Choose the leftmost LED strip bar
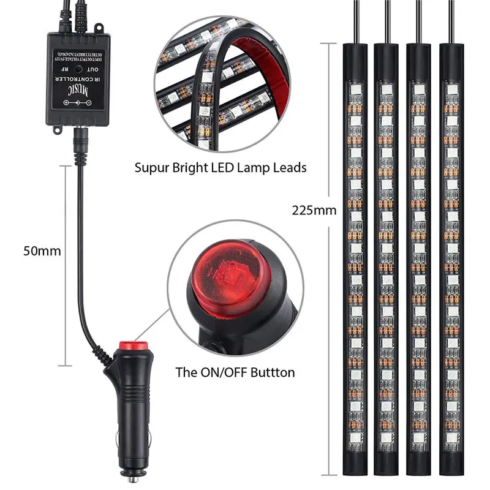pos(354,257)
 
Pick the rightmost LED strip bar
pos(452,257)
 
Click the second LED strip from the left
pos(386,257)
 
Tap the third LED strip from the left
pos(420,257)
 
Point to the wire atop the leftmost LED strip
pos(355,21)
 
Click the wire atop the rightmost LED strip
pos(452,21)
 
